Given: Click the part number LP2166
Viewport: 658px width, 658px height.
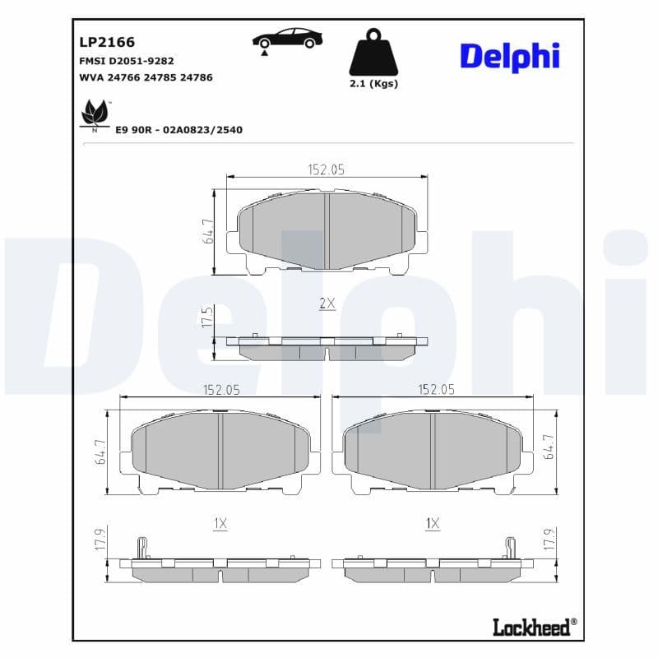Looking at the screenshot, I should (107, 42).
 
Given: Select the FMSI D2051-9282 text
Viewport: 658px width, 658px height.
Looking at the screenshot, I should (126, 61).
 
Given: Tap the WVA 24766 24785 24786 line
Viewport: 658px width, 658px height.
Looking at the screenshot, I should (146, 77).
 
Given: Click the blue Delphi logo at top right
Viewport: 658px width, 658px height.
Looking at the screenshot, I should (509, 56).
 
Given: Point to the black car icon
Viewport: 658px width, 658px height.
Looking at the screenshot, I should (287, 39).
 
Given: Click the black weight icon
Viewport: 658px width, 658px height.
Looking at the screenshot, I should (373, 53).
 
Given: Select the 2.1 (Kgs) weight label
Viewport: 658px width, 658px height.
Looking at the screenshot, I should (373, 84).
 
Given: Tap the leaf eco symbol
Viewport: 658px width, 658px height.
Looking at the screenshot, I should (94, 114).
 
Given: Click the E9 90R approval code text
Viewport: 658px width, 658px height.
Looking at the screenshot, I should (178, 130).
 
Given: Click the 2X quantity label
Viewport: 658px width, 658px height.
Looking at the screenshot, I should (327, 304).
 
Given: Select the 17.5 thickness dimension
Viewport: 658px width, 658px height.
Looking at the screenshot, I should (207, 317).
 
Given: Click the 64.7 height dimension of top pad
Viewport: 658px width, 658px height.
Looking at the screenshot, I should (209, 231).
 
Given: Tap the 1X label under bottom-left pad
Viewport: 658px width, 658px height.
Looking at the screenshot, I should (220, 523).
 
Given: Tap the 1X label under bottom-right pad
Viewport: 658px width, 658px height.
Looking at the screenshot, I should (433, 523).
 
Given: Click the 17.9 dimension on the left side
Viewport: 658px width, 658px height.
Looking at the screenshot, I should (100, 540).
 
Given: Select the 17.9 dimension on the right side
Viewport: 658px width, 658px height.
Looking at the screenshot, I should (549, 540).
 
